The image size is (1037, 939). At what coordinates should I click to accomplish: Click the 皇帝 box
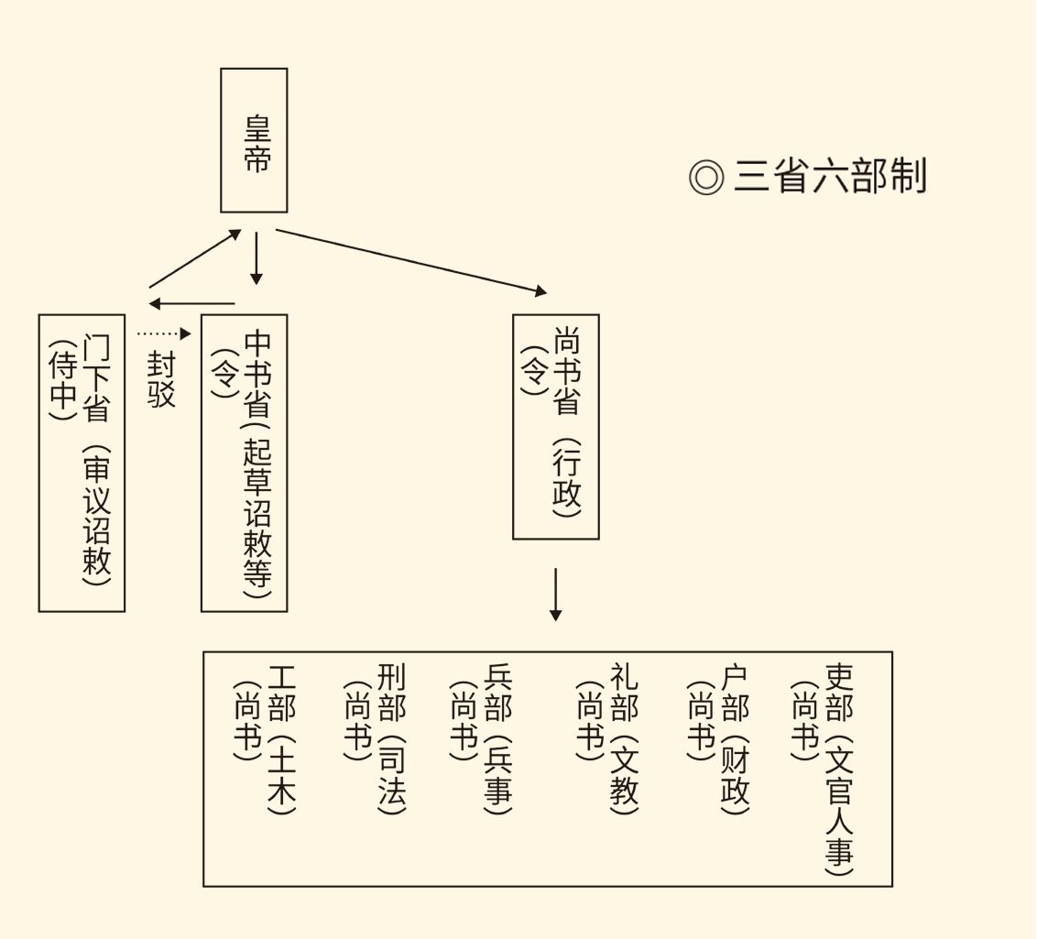pyautogui.click(x=254, y=140)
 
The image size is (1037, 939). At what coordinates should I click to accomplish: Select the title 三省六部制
pyautogui.click(x=830, y=176)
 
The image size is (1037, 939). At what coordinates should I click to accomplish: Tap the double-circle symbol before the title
pyautogui.click(x=706, y=177)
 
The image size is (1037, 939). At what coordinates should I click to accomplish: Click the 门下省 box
pyautogui.click(x=82, y=463)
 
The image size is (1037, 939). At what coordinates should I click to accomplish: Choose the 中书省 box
pyautogui.click(x=244, y=463)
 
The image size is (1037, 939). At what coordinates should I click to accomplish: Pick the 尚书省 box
pyautogui.click(x=555, y=426)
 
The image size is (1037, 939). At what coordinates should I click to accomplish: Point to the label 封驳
pyautogui.click(x=161, y=379)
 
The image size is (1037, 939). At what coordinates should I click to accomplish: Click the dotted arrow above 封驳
pyautogui.click(x=164, y=333)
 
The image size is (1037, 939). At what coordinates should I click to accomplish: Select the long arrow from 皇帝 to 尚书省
pyautogui.click(x=411, y=261)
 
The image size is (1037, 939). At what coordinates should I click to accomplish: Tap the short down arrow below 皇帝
pyautogui.click(x=257, y=258)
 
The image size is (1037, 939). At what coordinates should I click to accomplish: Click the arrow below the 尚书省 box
pyautogui.click(x=555, y=595)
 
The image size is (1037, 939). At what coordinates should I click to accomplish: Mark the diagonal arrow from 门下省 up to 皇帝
pyautogui.click(x=195, y=258)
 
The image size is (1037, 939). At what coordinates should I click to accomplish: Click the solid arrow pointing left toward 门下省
pyautogui.click(x=192, y=303)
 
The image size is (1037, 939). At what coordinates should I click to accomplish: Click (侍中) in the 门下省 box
pyautogui.click(x=61, y=377)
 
